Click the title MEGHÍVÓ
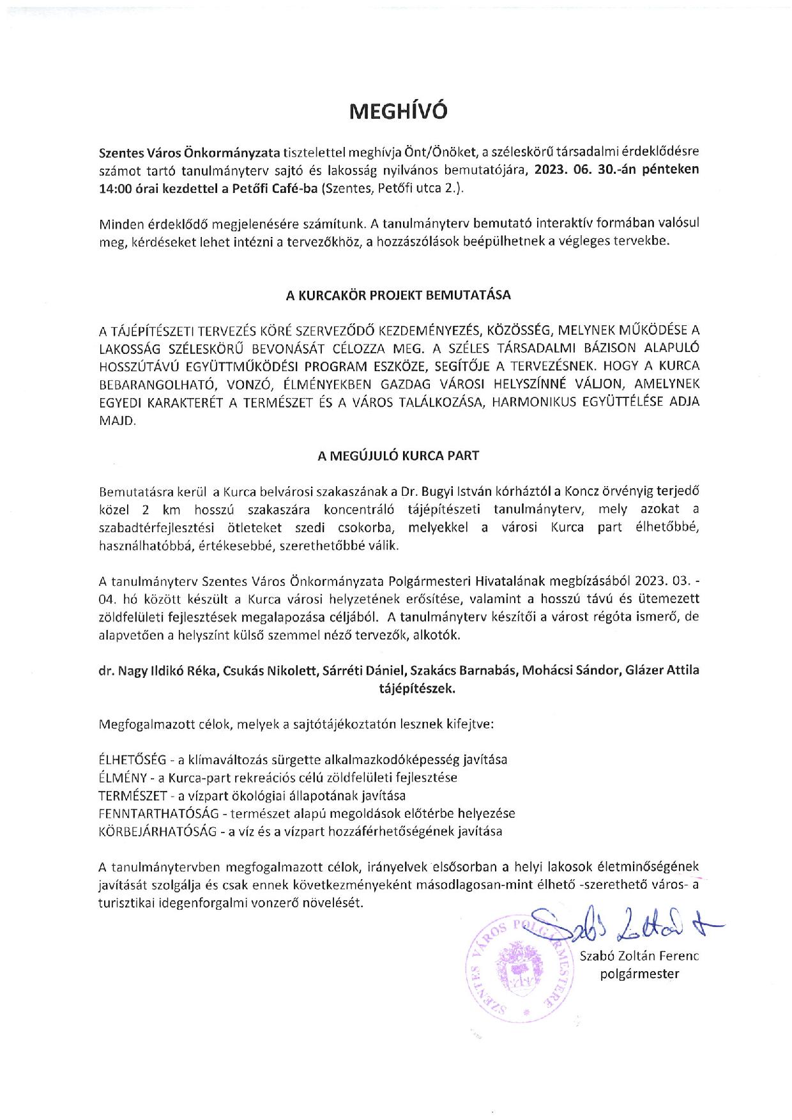click(x=398, y=112)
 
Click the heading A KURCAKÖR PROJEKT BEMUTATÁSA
click(x=398, y=296)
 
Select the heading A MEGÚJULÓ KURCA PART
click(x=398, y=456)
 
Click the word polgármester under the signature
click(x=639, y=974)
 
